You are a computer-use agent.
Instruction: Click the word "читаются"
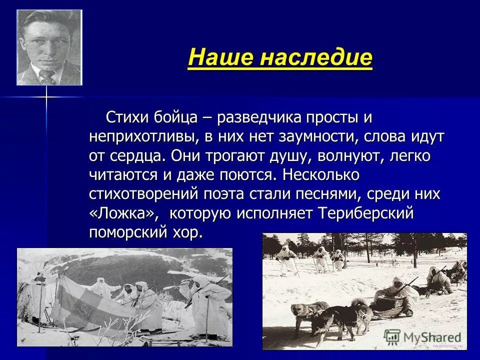click(123, 174)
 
